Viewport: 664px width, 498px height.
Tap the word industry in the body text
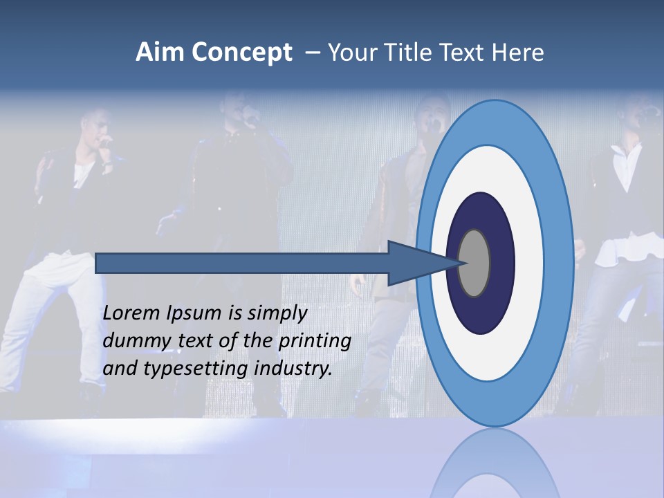293,369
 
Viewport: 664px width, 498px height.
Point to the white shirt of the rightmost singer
626,166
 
